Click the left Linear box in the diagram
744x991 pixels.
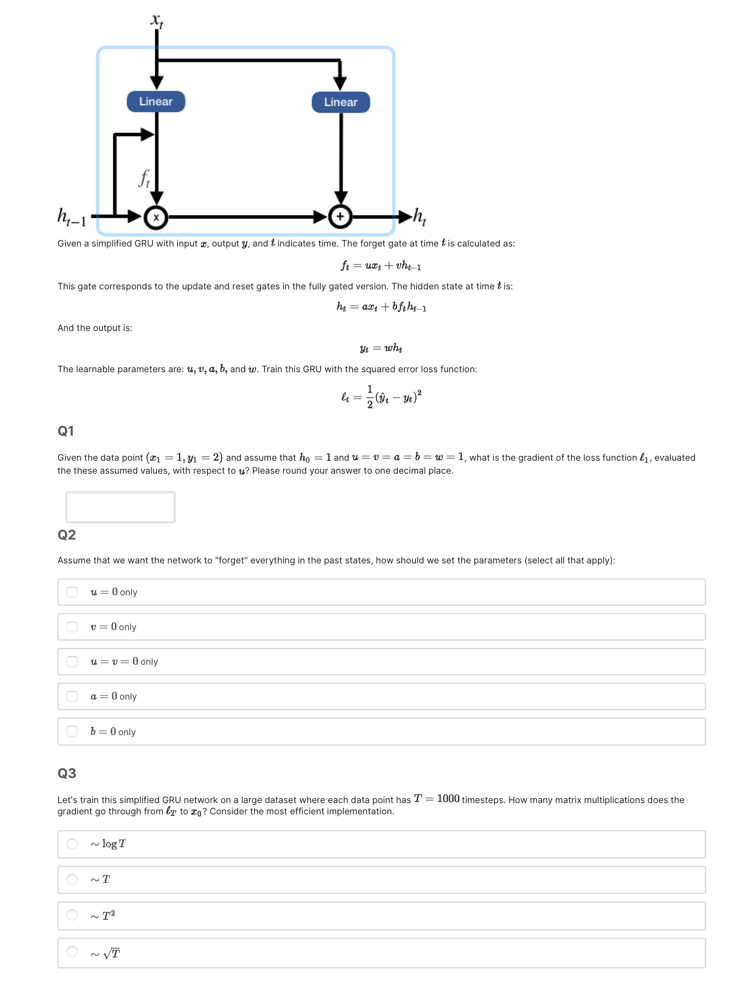156,102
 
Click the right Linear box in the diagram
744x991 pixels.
340,102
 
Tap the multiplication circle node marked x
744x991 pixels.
156,218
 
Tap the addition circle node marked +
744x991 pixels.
340,217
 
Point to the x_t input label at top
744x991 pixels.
156,20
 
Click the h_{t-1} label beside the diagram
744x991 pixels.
72,217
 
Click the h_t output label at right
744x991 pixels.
419,217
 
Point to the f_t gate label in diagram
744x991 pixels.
144,178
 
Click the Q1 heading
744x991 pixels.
66,431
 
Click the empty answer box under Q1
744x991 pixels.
120,507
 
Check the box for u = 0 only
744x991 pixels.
72,592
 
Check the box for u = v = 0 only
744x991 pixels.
72,661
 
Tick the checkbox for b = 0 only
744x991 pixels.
72,731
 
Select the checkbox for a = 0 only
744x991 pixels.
72,696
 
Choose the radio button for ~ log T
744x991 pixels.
72,844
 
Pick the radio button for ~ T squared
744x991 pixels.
72,915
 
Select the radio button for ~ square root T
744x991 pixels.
72,951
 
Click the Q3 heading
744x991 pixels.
67,773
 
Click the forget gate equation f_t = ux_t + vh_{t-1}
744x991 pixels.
381,266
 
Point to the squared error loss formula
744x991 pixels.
381,397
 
